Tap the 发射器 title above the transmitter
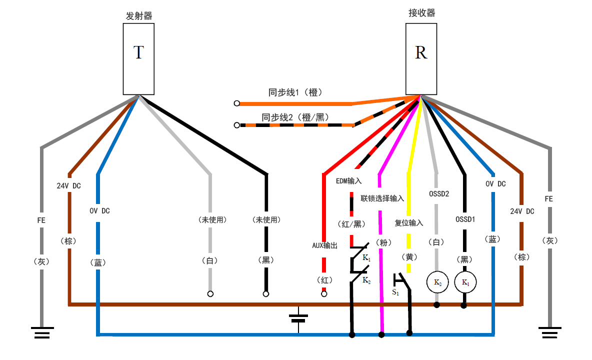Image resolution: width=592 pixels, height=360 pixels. point(138,16)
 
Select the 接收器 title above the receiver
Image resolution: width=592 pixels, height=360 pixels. point(421,13)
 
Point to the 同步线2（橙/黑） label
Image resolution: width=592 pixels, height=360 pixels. point(295,117)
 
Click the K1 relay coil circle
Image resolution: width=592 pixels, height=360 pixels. point(465,282)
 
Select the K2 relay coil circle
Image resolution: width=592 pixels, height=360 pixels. point(437,282)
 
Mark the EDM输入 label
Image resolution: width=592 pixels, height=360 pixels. point(348,180)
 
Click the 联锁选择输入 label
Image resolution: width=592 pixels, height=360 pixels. point(382,198)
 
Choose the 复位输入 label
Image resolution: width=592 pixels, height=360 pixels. point(408,223)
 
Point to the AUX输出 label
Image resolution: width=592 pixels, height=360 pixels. point(324,245)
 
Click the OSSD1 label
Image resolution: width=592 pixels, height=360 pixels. point(465,218)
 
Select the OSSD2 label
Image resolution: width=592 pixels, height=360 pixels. point(438,193)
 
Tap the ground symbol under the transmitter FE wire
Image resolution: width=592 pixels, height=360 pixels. point(42,332)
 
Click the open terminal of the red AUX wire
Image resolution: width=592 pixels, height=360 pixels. point(324,294)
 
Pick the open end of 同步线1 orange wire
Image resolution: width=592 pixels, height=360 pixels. point(236,103)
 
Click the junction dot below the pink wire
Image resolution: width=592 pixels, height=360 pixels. point(382,334)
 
